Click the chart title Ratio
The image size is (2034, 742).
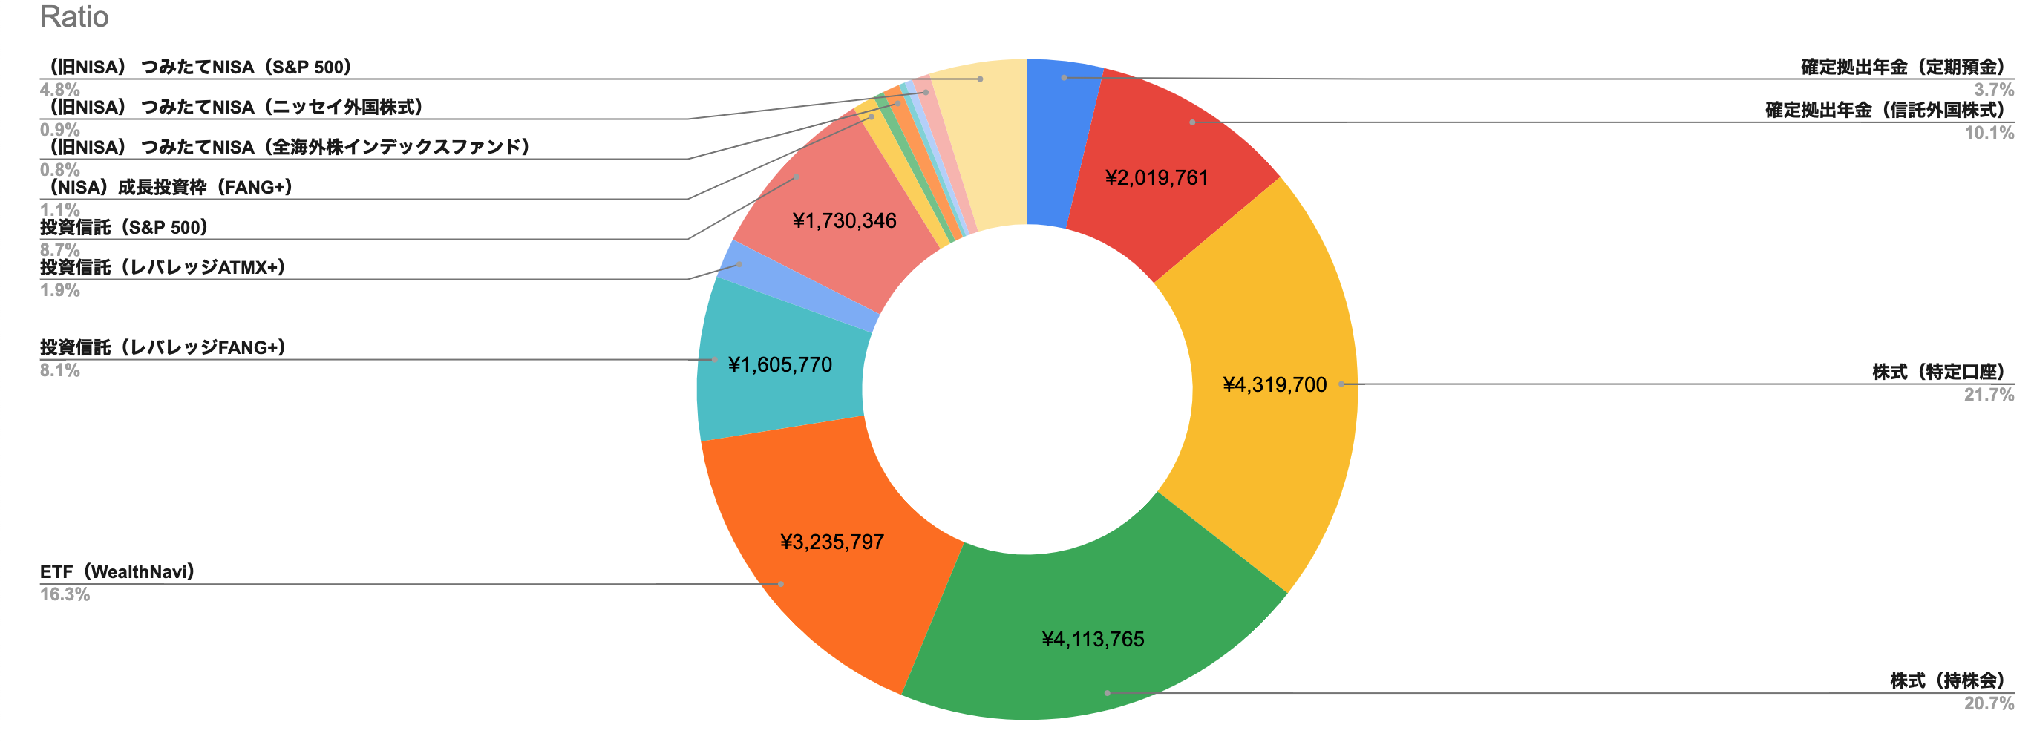pyautogui.click(x=74, y=16)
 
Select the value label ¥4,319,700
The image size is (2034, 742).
pyautogui.click(x=1275, y=385)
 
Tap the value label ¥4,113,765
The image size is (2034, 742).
pyautogui.click(x=1093, y=640)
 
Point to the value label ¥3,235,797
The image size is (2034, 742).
pyautogui.click(x=832, y=542)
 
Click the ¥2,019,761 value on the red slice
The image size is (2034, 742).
pyautogui.click(x=1157, y=177)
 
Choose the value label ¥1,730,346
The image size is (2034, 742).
pyautogui.click(x=844, y=221)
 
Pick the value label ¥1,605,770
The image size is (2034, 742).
pyautogui.click(x=780, y=364)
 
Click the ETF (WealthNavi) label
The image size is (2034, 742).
pyautogui.click(x=117, y=571)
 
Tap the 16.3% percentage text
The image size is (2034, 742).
pyautogui.click(x=65, y=594)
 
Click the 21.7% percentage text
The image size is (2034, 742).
pyautogui.click(x=1988, y=395)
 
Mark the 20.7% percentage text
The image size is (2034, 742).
pyautogui.click(x=1988, y=703)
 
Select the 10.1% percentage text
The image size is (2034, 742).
pyautogui.click(x=1988, y=133)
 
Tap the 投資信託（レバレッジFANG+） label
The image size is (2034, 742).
pyautogui.click(x=163, y=347)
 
